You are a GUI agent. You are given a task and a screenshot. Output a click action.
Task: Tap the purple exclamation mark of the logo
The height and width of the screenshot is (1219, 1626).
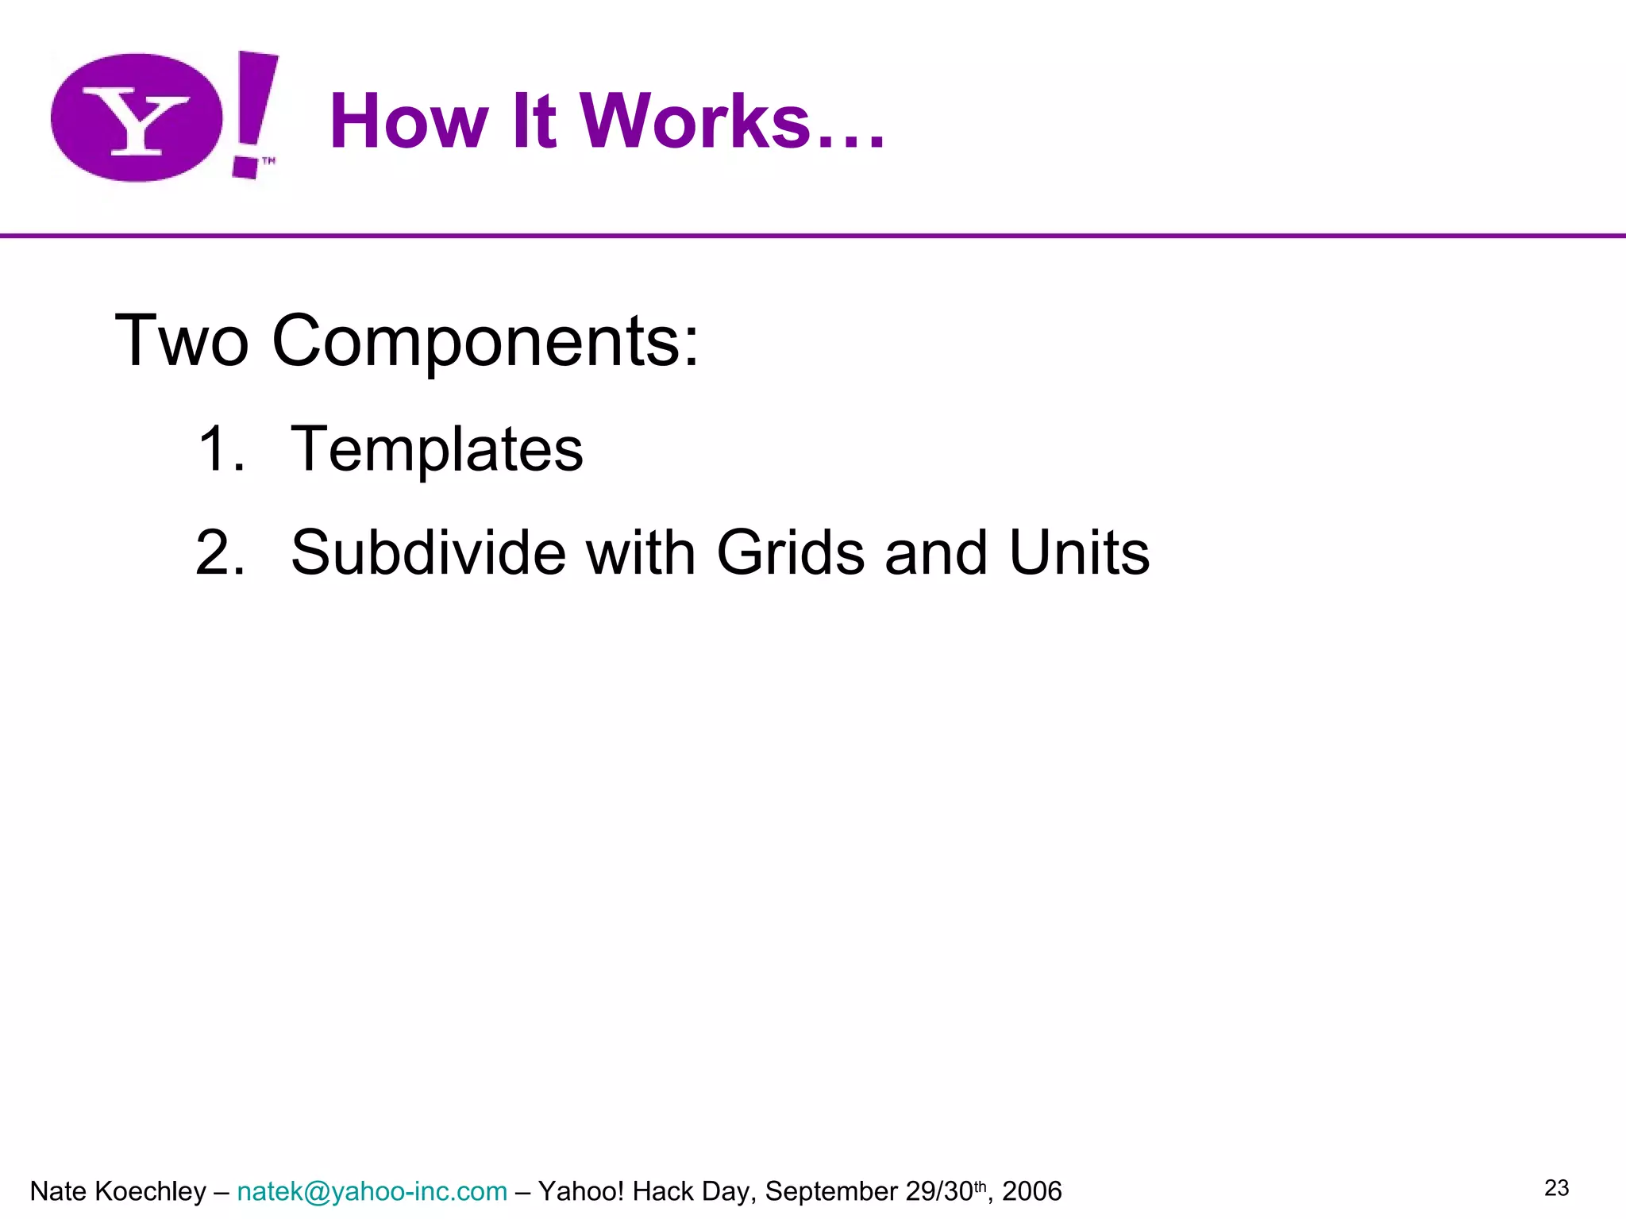252,111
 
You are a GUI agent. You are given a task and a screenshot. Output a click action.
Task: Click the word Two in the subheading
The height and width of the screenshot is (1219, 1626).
182,340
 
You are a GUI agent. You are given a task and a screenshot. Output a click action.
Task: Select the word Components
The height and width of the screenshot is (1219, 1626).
485,342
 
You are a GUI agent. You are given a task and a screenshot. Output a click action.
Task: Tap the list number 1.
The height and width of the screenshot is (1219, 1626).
216,449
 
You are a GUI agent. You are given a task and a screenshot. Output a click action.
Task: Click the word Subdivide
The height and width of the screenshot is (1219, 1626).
428,552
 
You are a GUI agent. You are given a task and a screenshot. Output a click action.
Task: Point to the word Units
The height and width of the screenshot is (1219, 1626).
1079,552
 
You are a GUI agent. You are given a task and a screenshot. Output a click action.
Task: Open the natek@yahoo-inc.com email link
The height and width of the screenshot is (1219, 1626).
372,1192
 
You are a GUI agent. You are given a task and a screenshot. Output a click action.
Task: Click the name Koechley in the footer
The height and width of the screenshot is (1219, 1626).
150,1192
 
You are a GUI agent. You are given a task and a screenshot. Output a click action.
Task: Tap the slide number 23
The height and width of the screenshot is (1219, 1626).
1556,1188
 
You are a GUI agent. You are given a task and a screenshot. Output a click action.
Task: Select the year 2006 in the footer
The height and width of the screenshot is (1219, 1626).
1031,1192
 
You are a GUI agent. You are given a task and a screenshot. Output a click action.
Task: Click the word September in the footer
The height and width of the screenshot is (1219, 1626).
831,1192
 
